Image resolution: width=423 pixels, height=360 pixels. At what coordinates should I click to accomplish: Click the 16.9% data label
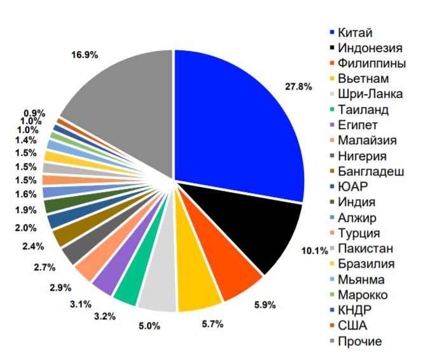(x=84, y=55)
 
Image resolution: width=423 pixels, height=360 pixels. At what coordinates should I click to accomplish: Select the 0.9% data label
(x=33, y=113)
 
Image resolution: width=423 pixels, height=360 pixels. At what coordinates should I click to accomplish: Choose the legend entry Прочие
(x=360, y=342)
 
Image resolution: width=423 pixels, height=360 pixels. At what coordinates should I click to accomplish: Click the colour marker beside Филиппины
(x=332, y=64)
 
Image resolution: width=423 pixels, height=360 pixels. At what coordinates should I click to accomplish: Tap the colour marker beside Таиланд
(x=332, y=110)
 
